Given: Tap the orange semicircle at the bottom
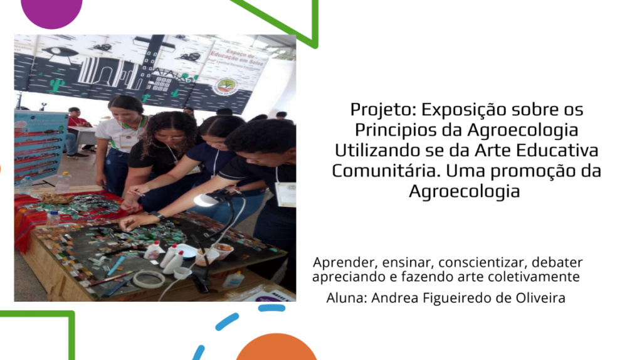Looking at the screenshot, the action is [x=276, y=348].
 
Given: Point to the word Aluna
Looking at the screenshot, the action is [x=346, y=298].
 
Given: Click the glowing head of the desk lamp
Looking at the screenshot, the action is [x=206, y=200].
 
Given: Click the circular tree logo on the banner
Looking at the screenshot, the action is [x=226, y=87].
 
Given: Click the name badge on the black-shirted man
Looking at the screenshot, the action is [x=286, y=194].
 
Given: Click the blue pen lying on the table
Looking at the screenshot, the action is [x=116, y=265].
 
